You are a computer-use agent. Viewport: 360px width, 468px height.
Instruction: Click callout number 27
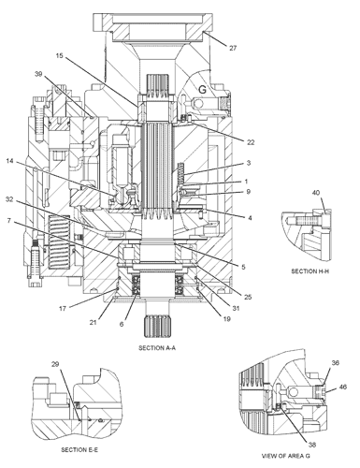(x=233, y=48)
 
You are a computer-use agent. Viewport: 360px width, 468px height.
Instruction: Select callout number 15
(x=60, y=56)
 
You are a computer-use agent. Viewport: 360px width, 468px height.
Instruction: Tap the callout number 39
(x=38, y=74)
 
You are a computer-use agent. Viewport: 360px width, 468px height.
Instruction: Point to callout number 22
(x=251, y=142)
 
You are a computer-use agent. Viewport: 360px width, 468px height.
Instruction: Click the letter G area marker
(x=202, y=90)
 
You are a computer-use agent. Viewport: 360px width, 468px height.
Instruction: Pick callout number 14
(x=9, y=161)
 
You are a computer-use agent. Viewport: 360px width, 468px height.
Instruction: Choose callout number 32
(x=9, y=199)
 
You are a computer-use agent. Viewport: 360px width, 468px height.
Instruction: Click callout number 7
(x=8, y=221)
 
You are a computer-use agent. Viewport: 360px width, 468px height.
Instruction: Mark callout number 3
(x=249, y=163)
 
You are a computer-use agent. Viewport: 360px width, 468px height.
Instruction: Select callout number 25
(x=248, y=297)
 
